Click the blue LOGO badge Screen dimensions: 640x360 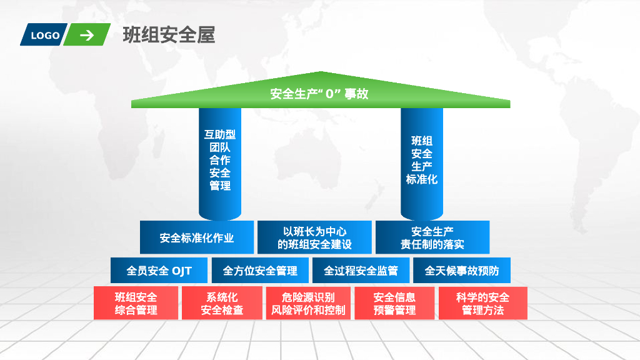coord(45,36)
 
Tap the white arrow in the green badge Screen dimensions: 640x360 coord(87,35)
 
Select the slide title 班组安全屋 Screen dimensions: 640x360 coord(169,35)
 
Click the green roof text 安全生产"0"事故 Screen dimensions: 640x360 coord(319,94)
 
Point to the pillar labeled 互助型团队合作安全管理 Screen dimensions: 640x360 coord(220,160)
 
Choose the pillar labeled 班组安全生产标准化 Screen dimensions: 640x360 coord(422,160)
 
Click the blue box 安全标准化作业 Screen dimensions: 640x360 coord(197,237)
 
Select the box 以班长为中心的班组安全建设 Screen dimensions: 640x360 coord(314,237)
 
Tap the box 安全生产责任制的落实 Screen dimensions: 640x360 coord(432,237)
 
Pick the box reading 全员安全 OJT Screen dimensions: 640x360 coord(159,271)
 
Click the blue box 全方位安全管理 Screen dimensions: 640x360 coord(260,271)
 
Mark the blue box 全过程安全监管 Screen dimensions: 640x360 coord(361,271)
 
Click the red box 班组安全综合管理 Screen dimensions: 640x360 coord(136,303)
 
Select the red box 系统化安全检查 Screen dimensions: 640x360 coord(222,303)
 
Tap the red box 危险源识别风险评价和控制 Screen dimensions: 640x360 coord(308,303)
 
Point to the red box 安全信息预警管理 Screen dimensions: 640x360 coord(394,303)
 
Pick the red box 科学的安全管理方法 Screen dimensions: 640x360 coord(482,303)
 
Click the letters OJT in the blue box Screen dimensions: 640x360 coord(181,271)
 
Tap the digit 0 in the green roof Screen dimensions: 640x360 coord(331,94)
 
